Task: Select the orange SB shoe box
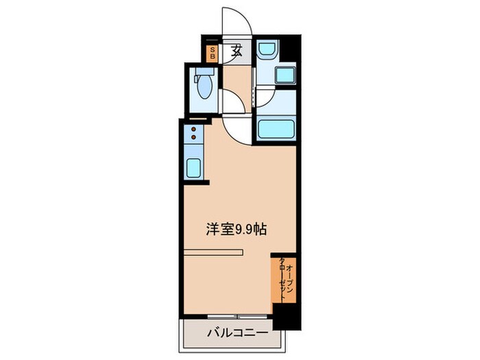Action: coord(213,53)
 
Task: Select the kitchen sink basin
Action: coord(194,167)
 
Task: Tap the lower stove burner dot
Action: coord(194,137)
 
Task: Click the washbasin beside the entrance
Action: coord(266,51)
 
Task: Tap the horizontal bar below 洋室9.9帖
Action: coord(213,252)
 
